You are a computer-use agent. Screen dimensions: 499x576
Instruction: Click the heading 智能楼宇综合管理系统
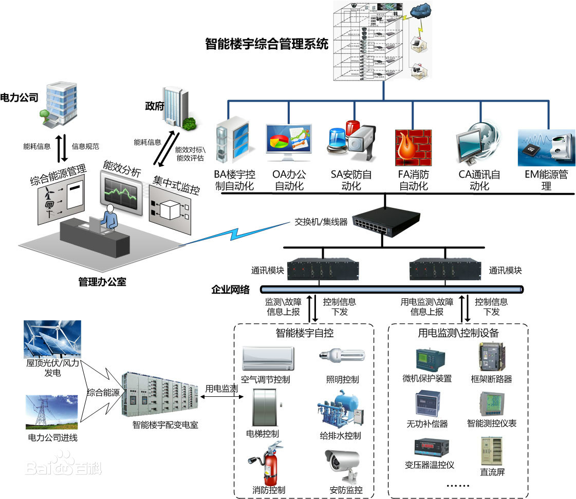(x=266, y=44)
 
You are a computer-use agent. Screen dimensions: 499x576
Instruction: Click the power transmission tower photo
(x=51, y=411)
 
